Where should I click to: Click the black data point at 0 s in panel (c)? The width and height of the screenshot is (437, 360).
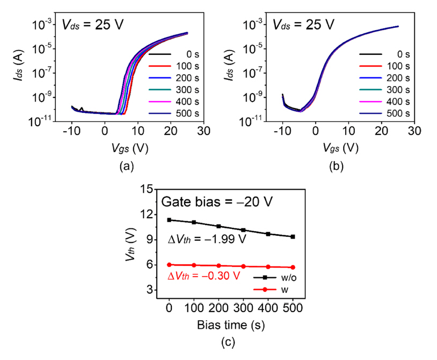click(169, 220)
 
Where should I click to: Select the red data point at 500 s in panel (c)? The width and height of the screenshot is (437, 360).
click(293, 267)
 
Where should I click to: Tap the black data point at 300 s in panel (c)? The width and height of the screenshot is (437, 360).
click(243, 230)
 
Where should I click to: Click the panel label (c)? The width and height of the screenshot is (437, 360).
click(230, 341)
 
